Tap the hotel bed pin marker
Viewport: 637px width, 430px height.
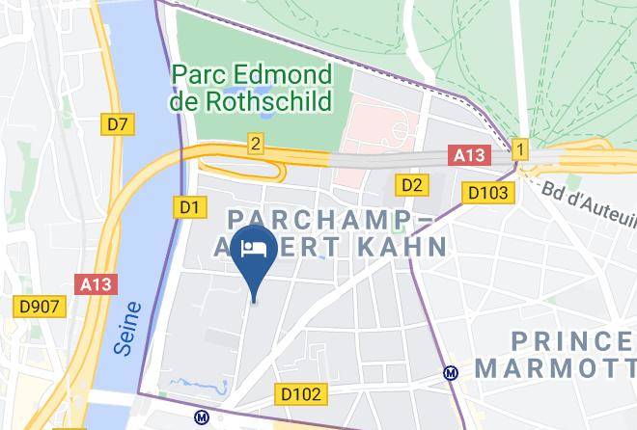tap(255, 252)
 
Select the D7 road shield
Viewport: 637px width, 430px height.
tap(118, 123)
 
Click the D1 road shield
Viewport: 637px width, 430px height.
tap(188, 206)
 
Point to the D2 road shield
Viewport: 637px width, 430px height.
tap(412, 184)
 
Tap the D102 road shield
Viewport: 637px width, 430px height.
tap(303, 393)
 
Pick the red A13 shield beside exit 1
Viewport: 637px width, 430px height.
tap(470, 154)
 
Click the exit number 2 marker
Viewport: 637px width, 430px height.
tap(255, 143)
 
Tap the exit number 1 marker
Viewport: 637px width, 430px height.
tap(520, 149)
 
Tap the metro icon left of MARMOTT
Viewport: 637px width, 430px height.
tap(450, 372)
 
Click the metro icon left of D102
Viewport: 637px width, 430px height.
tap(202, 418)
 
